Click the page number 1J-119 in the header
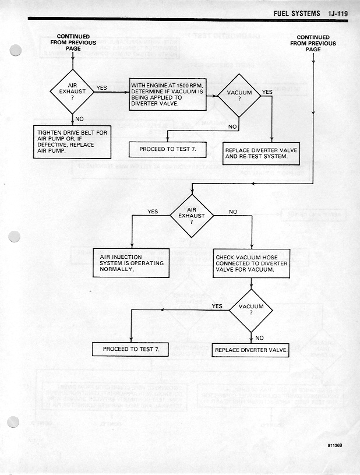[334, 13]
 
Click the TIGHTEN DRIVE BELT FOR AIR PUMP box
[72, 142]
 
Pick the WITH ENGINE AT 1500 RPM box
[168, 96]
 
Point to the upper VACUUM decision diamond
[239, 96]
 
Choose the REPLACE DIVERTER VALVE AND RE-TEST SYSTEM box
[260, 153]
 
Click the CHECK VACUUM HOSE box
[252, 263]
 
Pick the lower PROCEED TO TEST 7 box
[130, 349]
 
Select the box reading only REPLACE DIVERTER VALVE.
[250, 350]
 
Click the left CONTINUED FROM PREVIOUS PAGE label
[73, 43]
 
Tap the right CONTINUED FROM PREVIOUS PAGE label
[313, 43]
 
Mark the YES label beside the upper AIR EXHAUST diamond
[101, 88]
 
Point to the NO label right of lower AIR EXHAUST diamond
[232, 212]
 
